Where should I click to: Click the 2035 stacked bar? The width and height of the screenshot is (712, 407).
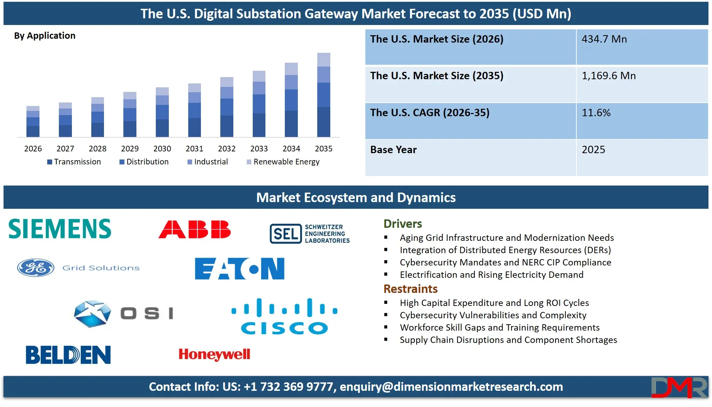(x=324, y=95)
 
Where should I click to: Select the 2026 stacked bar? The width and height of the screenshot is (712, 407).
(x=33, y=121)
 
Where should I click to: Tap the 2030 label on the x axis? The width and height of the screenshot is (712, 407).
(x=162, y=149)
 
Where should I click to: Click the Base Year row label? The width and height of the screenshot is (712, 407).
(x=393, y=150)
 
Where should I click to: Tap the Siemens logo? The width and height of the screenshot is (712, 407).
(x=60, y=229)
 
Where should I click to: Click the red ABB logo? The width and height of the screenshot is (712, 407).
(x=195, y=230)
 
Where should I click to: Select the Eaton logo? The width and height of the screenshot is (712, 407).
(x=240, y=269)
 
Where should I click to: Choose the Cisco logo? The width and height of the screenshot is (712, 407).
(x=284, y=316)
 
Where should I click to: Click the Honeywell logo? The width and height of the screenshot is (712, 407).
(x=214, y=354)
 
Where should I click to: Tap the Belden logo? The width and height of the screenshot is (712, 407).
(x=68, y=355)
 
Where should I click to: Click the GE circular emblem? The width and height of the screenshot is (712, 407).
(x=36, y=268)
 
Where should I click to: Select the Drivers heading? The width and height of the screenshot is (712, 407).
(x=403, y=224)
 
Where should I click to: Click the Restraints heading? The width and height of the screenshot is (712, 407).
(x=410, y=289)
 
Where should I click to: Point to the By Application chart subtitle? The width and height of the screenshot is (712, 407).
(x=45, y=36)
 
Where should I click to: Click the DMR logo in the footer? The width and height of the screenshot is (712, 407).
(x=679, y=387)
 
